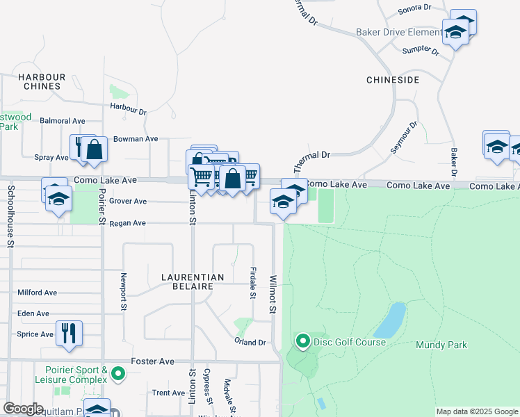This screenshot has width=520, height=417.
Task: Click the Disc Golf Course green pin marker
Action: [302, 341]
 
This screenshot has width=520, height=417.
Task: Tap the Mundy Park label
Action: [441, 345]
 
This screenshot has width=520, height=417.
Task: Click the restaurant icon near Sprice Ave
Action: [69, 332]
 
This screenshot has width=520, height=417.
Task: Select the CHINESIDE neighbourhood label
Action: [393, 81]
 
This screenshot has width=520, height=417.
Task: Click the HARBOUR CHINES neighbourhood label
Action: [42, 81]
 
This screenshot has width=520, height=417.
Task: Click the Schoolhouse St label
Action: [10, 215]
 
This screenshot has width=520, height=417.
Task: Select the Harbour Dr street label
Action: [129, 109]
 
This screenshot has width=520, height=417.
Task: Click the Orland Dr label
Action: [250, 343]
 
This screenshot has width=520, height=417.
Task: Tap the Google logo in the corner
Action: [23, 409]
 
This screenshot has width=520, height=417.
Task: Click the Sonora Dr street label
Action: [414, 8]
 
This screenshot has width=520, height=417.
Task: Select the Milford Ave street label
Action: [38, 293]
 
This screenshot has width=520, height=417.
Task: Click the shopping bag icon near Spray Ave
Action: [95, 149]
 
